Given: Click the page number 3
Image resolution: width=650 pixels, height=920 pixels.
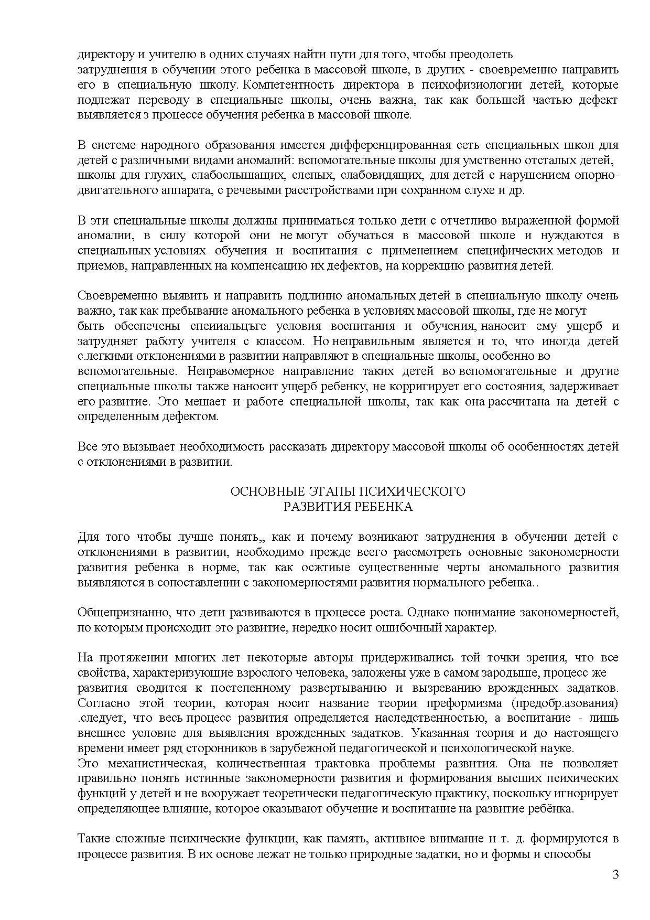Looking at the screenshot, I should [x=615, y=874].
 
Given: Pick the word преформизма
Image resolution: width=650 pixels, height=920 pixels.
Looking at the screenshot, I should [x=459, y=703].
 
